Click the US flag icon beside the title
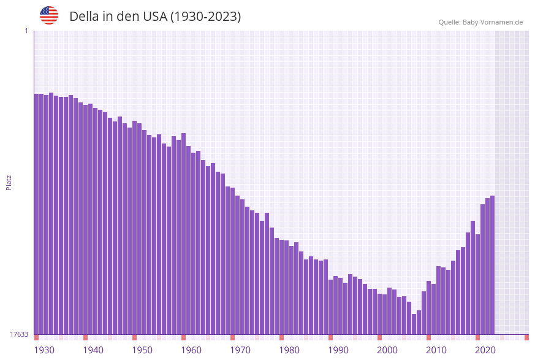coord(49,15)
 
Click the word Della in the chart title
coord(84,17)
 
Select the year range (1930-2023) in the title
coord(205,17)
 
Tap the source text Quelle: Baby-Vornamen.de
coord(480,22)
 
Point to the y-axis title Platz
coord(9,182)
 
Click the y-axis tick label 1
coord(26,31)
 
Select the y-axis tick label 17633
coord(19,334)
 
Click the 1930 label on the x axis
coord(44,350)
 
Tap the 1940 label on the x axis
coord(93,350)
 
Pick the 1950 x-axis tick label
coord(142,350)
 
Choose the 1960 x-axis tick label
coord(191,350)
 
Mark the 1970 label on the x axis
coord(240,350)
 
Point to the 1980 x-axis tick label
coord(289,350)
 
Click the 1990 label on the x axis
coord(338,350)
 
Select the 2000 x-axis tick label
coord(387,350)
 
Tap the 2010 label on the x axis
coord(436,350)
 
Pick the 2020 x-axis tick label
coord(485,350)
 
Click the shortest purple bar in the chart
coord(414,324)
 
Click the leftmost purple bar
coord(36,214)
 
